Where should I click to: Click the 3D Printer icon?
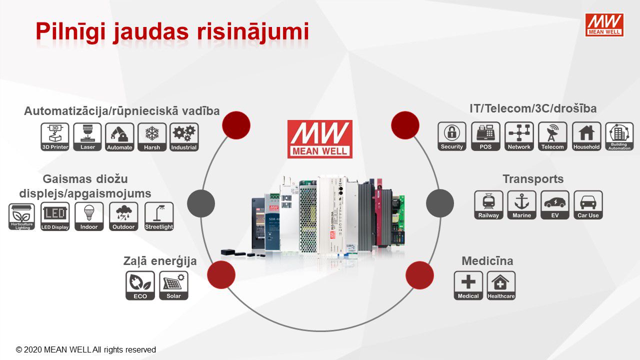(x=55, y=137)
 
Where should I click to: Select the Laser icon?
(x=87, y=137)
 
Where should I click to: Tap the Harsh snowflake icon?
(x=152, y=137)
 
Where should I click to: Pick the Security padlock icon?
(x=452, y=136)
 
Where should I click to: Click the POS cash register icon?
(x=485, y=136)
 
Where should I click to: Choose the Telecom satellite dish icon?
(x=552, y=136)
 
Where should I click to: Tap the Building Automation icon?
(x=619, y=136)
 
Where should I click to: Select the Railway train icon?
(x=488, y=204)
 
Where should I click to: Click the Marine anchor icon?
(x=521, y=204)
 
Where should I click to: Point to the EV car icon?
(x=554, y=204)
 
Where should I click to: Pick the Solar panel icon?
(x=173, y=285)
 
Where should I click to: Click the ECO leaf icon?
(x=140, y=285)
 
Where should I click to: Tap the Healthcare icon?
(x=501, y=285)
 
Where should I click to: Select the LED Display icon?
(x=55, y=216)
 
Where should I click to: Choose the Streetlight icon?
(x=159, y=216)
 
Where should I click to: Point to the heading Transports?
(x=533, y=179)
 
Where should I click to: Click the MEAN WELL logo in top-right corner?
(x=604, y=24)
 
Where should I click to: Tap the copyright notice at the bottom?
(x=86, y=350)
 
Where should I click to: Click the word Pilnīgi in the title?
(x=70, y=31)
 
